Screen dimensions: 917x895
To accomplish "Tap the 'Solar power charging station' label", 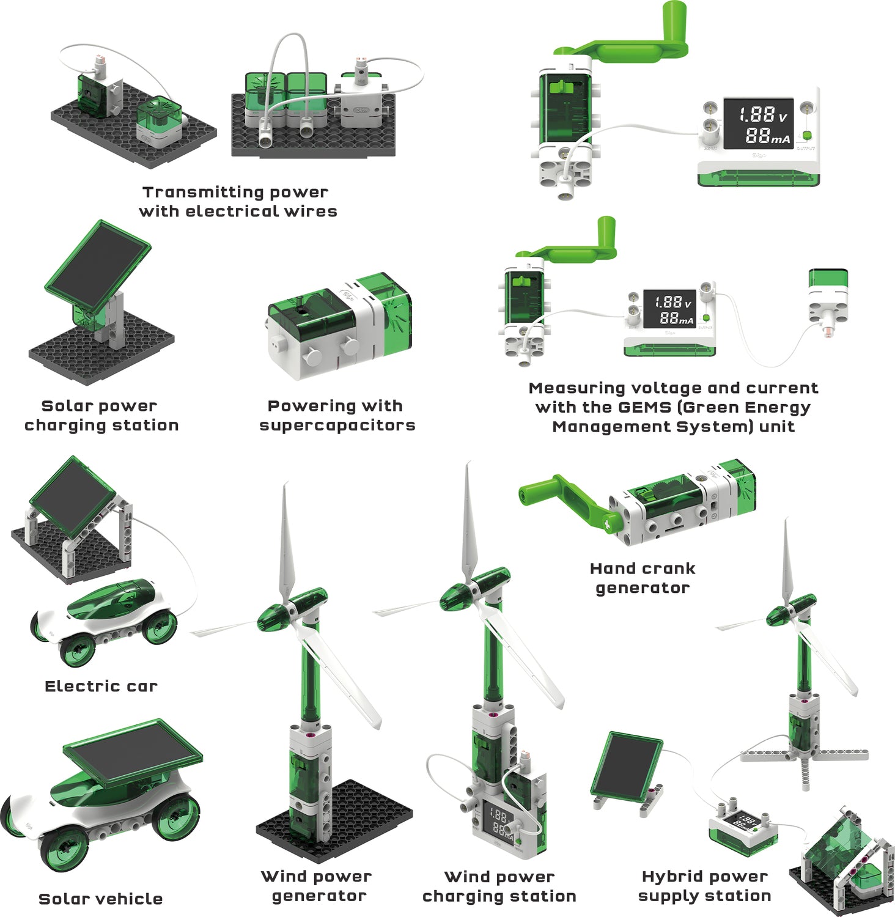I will (101, 416).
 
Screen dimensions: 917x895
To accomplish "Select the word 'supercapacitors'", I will (337, 425).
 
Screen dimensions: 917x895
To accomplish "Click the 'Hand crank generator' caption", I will (643, 578).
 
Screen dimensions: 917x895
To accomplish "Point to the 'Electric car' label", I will (101, 687).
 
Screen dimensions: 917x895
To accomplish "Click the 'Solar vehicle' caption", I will (101, 899).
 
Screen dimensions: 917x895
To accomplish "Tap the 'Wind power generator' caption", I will (317, 886).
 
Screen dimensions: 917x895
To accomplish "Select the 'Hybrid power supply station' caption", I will (704, 886).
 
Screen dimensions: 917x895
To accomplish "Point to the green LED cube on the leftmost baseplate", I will (159, 116).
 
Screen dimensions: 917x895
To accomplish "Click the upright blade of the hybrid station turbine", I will (787, 562).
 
